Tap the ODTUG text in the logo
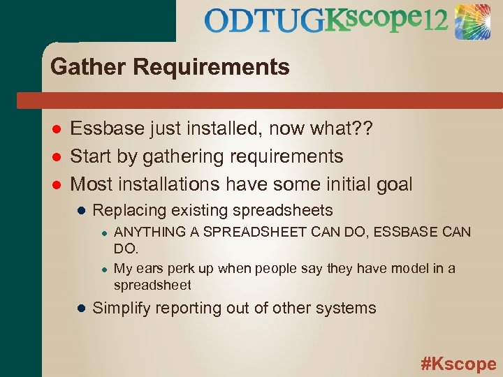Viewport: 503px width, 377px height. (x=265, y=21)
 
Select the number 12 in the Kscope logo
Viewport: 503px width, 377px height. (x=435, y=21)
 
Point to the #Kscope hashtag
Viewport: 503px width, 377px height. (x=458, y=363)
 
